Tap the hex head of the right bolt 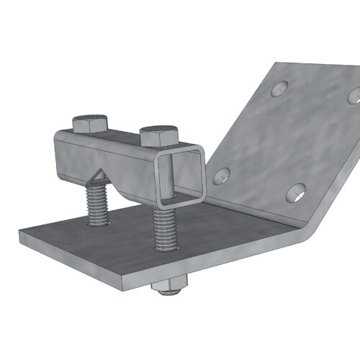pos(158,135)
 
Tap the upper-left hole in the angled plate pos(279,90)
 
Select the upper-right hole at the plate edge pos(354,95)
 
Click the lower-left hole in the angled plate pos(222,174)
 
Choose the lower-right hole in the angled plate pos(296,191)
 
